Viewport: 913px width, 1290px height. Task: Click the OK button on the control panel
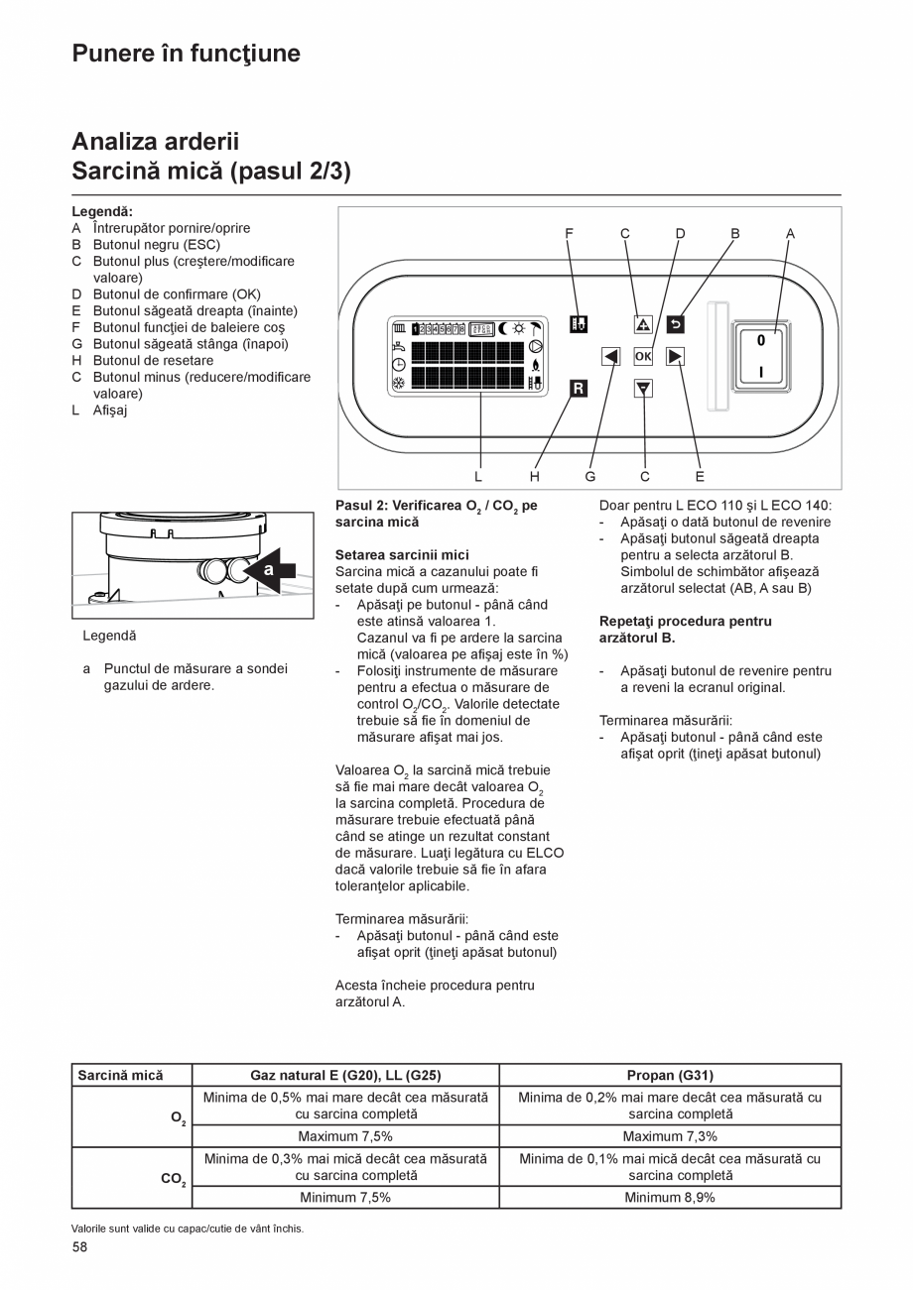click(643, 357)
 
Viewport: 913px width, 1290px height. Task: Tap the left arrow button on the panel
click(611, 357)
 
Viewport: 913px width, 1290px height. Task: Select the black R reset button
click(579, 389)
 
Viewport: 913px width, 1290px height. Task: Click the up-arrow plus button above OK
click(643, 324)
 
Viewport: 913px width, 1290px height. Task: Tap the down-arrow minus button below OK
click(643, 389)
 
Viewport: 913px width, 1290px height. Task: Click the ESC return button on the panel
click(675, 324)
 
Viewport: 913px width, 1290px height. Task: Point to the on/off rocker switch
click(760, 356)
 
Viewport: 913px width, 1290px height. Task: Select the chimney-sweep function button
click(579, 324)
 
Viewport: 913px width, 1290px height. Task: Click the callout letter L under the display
click(478, 477)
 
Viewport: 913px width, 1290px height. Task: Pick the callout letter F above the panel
click(570, 234)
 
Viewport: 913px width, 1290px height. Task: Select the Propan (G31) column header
click(670, 1075)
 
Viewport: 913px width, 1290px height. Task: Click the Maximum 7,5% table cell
click(345, 1136)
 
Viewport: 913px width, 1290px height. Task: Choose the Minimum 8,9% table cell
click(670, 1197)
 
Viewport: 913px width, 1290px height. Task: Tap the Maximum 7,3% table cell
click(670, 1136)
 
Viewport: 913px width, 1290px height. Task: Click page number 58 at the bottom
click(79, 1247)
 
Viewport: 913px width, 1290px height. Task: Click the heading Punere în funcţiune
click(186, 54)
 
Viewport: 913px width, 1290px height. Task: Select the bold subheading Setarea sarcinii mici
click(402, 555)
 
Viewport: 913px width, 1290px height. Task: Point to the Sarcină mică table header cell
click(120, 1075)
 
